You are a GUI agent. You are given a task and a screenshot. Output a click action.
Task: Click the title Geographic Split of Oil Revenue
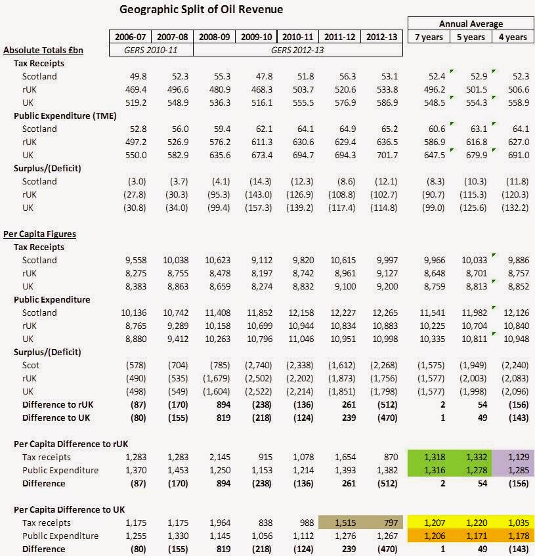201,9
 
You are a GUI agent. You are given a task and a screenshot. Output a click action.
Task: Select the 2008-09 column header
214,37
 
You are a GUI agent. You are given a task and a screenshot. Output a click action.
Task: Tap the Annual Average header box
471,24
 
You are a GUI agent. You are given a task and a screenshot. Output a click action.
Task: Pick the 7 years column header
429,37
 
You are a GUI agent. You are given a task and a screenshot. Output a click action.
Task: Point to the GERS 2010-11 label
151,50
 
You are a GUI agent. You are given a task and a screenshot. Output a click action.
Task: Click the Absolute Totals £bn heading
43,50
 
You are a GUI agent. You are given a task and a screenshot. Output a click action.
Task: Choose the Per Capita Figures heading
39,234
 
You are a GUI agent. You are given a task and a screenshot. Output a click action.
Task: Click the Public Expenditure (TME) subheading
65,116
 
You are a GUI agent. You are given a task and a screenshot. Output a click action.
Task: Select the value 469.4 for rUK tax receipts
136,89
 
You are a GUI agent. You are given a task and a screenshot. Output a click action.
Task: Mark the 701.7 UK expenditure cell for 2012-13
387,155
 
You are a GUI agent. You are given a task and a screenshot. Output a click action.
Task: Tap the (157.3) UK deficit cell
259,207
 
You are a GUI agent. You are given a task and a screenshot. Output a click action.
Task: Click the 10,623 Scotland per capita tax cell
218,260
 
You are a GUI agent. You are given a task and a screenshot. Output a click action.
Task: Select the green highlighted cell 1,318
429,457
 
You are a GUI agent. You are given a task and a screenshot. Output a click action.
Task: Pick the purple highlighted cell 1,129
513,457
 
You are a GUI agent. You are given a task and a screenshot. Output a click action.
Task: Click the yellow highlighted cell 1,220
471,523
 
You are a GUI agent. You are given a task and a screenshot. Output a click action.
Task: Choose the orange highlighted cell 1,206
429,536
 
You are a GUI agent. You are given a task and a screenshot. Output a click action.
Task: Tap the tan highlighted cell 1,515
339,523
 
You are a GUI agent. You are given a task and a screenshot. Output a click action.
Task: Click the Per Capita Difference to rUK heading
71,444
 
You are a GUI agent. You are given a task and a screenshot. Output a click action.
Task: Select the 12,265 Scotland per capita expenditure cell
385,312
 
